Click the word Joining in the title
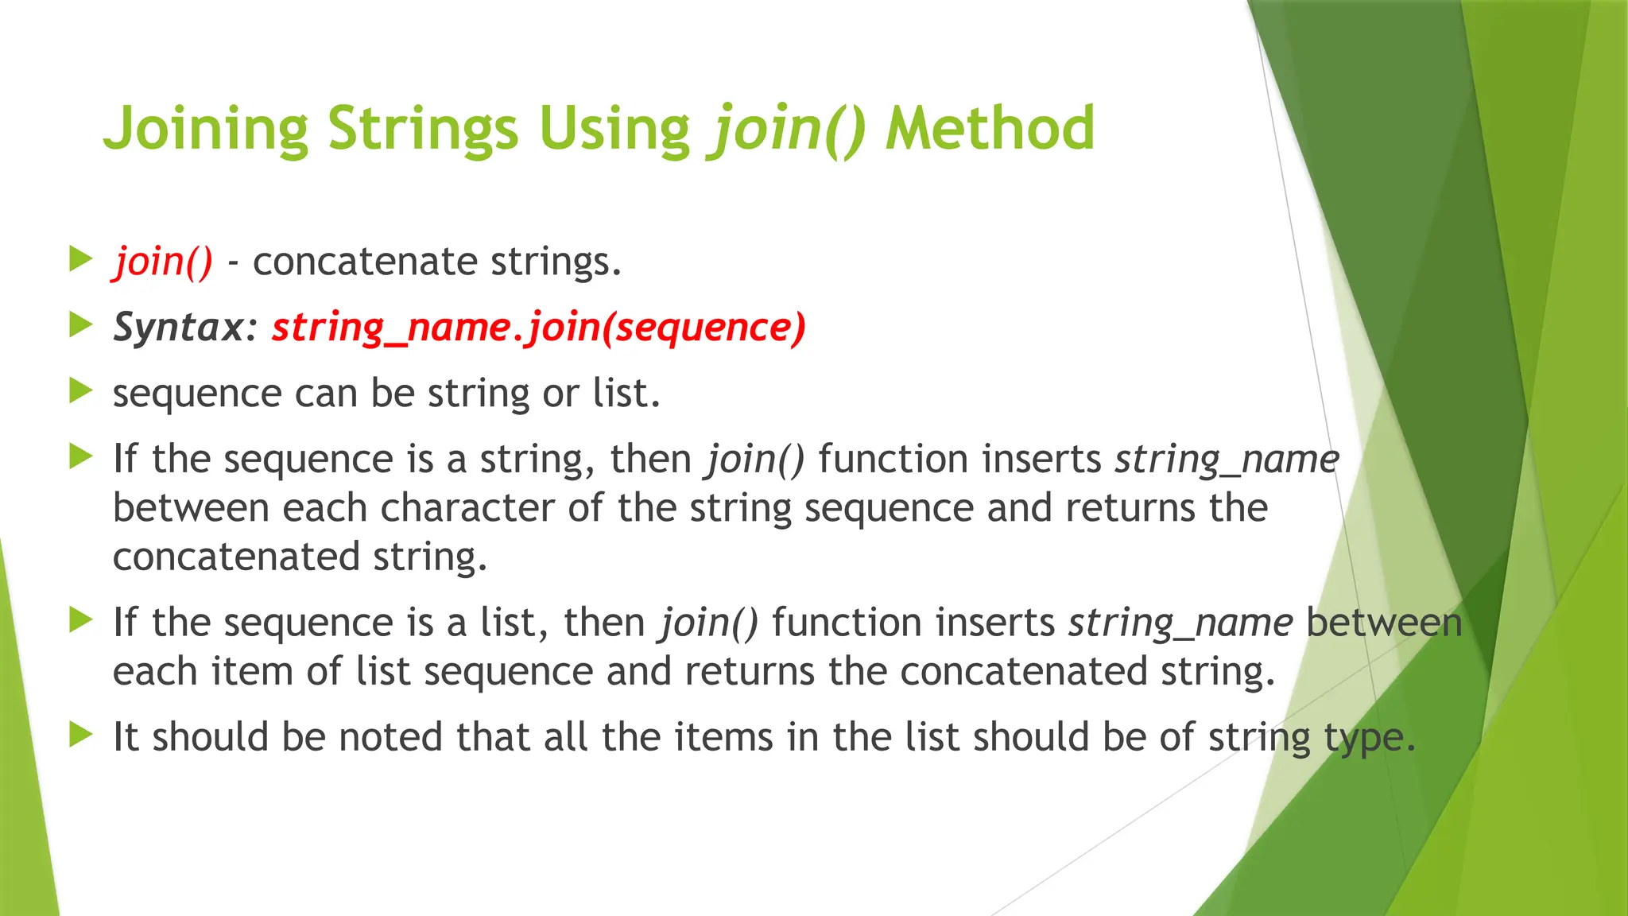[206, 130]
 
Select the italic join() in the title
[788, 130]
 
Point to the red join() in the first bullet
[163, 262]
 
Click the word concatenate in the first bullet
[364, 262]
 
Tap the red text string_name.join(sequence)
[539, 327]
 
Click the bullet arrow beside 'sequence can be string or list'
[81, 391]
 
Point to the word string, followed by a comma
[537, 460]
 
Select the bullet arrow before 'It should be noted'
[81, 735]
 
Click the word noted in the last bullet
[391, 736]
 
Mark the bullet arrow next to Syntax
[81, 325]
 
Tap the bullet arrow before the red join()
[81, 259]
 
